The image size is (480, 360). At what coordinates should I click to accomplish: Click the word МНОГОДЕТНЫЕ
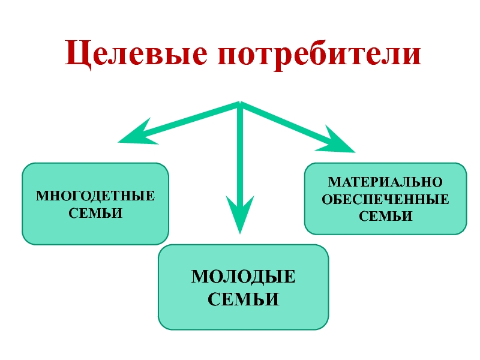(95, 196)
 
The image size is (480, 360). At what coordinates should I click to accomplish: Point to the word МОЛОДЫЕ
(244, 277)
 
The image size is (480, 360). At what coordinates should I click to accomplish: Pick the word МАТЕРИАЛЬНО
(385, 182)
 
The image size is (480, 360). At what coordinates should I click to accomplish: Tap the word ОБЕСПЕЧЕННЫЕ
(385, 199)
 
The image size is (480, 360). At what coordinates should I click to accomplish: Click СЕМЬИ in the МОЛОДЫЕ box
(244, 298)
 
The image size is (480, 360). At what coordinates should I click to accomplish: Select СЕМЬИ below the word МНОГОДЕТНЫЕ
(96, 212)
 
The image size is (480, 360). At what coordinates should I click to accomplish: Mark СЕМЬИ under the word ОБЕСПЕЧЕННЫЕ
(385, 215)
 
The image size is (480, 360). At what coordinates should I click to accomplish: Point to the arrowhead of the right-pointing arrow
(339, 142)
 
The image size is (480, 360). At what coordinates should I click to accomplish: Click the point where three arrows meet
(239, 104)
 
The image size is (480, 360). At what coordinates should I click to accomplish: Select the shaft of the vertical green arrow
(239, 156)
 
